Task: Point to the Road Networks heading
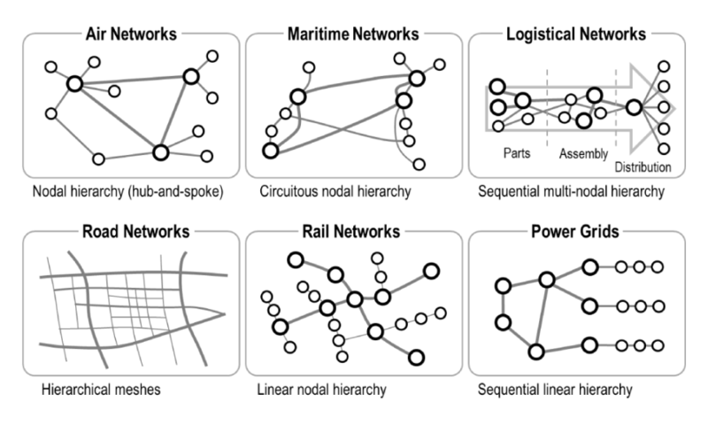point(131,232)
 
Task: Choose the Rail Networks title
point(353,232)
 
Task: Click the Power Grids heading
point(576,232)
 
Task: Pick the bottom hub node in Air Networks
point(160,152)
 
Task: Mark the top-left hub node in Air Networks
point(75,83)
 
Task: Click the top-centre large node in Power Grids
point(547,279)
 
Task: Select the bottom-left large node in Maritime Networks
point(271,151)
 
